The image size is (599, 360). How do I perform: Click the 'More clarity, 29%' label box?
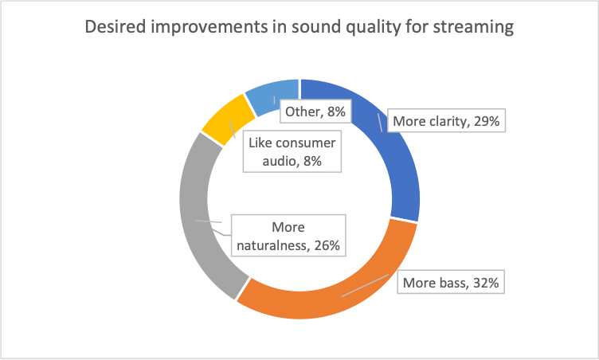[x=446, y=121]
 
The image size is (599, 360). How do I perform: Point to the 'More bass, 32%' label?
[x=451, y=282]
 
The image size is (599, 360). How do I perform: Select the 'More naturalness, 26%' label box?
[x=288, y=236]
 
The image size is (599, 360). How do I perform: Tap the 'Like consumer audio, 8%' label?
[x=292, y=151]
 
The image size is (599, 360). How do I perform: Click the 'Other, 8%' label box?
[x=315, y=112]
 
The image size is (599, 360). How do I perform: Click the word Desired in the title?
[x=115, y=27]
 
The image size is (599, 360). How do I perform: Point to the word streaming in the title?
[x=473, y=28]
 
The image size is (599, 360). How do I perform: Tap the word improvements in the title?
[x=209, y=28]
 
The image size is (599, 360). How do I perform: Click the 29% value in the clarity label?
[x=487, y=121]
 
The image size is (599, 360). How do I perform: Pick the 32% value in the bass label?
[x=486, y=283]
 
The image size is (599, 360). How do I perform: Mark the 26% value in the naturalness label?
[x=327, y=245]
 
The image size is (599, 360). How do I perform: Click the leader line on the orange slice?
[x=365, y=285]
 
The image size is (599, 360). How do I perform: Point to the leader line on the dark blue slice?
[x=380, y=123]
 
